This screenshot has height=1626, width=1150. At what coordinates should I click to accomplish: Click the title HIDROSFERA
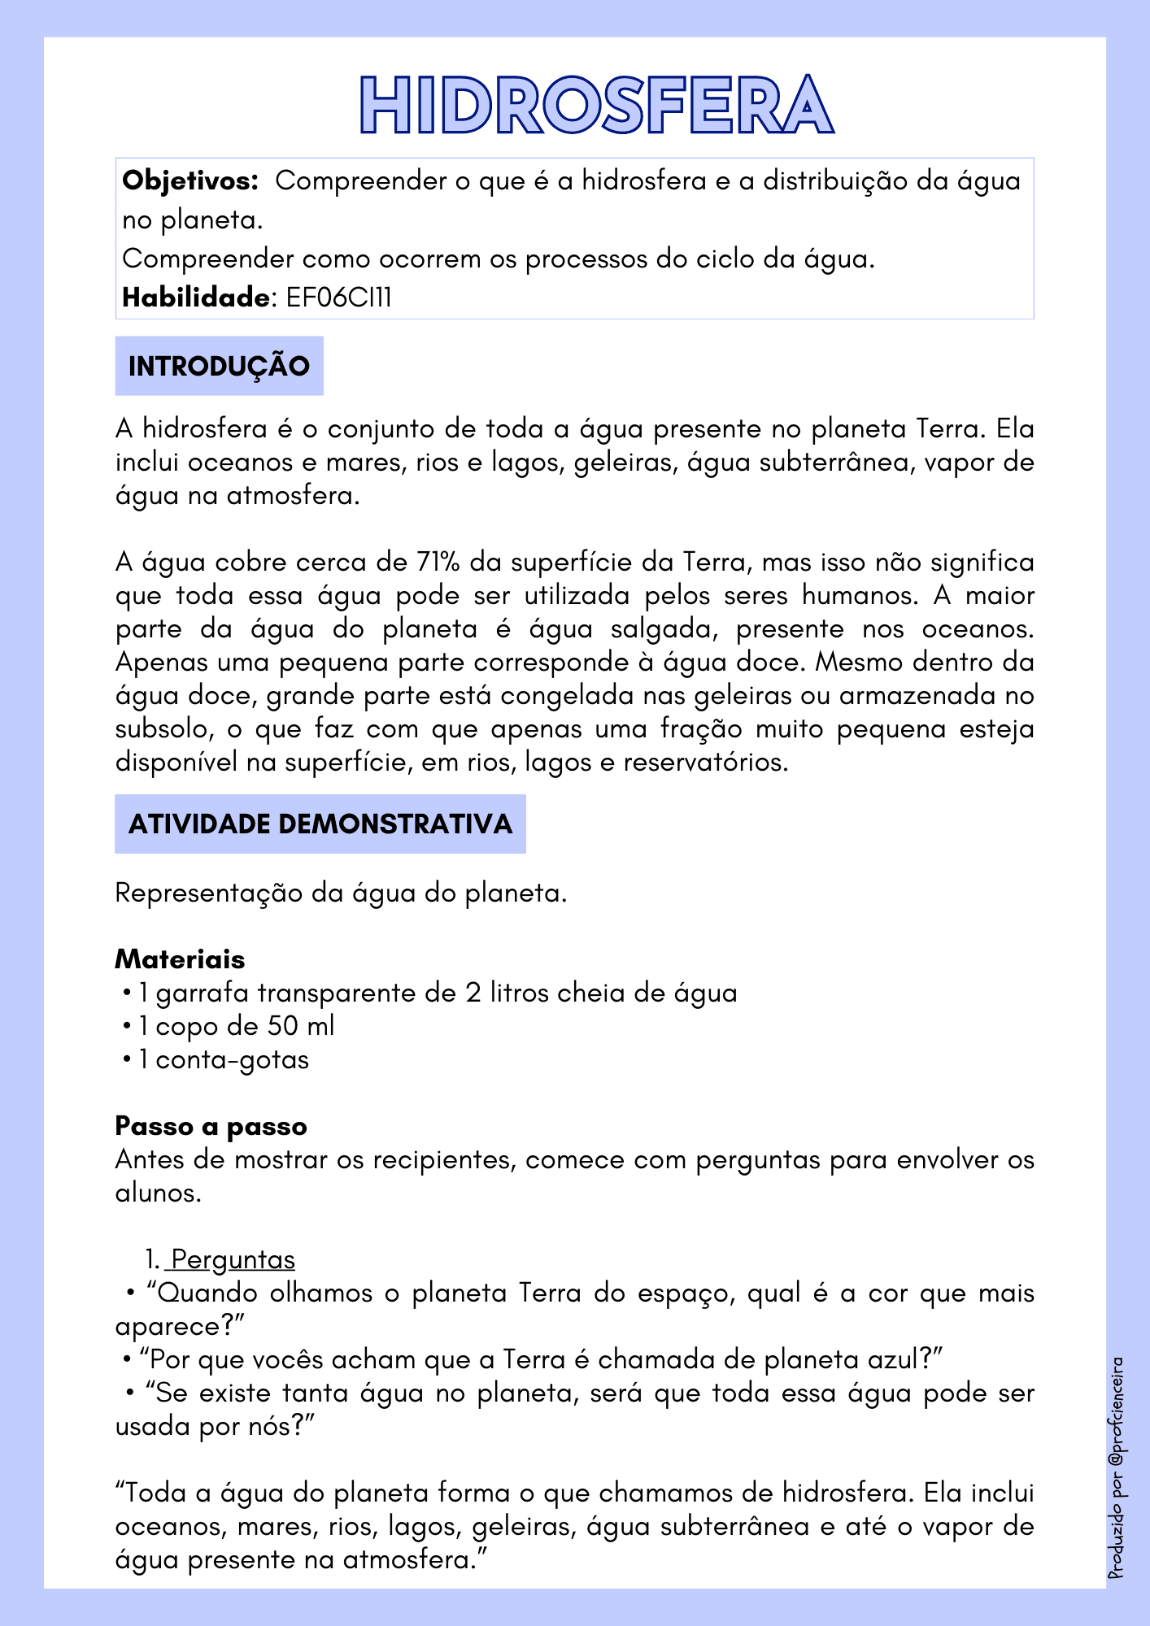tap(597, 106)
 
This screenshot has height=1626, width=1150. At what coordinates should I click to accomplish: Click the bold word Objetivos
tap(189, 180)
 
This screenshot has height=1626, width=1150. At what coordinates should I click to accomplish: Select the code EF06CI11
tap(338, 298)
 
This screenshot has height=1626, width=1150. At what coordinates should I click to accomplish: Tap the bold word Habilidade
tap(195, 298)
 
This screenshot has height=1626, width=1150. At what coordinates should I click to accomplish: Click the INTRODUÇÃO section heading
tap(219, 366)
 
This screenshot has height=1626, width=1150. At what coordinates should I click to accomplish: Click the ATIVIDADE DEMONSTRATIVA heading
tap(320, 824)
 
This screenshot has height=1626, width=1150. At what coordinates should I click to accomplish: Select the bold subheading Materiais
tap(180, 959)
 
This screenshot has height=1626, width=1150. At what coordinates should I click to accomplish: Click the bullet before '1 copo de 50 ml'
tap(127, 1026)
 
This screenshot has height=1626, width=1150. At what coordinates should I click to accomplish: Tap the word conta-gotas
tap(233, 1060)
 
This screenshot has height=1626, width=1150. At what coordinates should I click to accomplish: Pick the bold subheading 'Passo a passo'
tap(211, 1126)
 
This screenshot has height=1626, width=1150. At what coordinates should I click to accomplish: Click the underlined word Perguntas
tap(233, 1259)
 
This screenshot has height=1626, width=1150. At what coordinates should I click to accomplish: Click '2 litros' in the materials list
tap(506, 993)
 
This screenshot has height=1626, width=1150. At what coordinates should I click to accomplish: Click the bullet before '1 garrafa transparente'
tap(127, 993)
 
